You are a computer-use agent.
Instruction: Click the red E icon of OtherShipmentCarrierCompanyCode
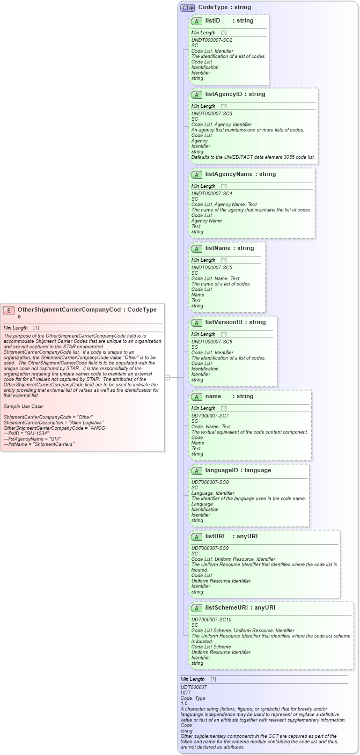pyautogui.click(x=9, y=310)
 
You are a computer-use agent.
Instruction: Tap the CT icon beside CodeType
pyautogui.click(x=187, y=8)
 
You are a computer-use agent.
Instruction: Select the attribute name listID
pyautogui.click(x=212, y=20)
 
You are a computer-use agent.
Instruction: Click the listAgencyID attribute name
pyautogui.click(x=224, y=94)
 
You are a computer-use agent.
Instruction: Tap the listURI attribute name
pyautogui.click(x=215, y=536)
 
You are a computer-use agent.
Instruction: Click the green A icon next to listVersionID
pyautogui.click(x=196, y=322)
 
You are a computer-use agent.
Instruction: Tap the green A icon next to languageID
pyautogui.click(x=196, y=471)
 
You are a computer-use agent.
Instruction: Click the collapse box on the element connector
pyautogui.click(x=167, y=377)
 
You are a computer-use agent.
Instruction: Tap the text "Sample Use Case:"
pyautogui.click(x=24, y=406)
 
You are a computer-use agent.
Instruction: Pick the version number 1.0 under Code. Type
pyautogui.click(x=184, y=703)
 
